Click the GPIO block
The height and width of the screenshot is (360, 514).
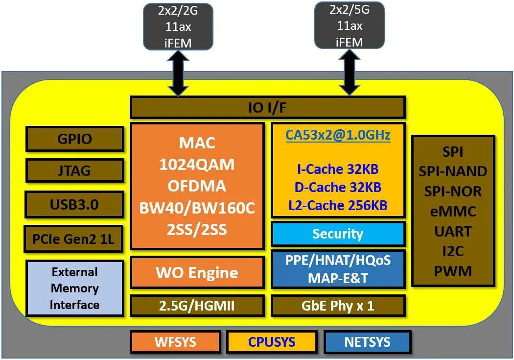[74, 139]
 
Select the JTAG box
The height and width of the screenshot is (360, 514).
[74, 171]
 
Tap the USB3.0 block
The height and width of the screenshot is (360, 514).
[74, 204]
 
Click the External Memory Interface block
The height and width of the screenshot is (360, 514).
[74, 288]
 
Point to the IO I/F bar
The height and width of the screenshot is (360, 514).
[267, 107]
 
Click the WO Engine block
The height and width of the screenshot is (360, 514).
[197, 272]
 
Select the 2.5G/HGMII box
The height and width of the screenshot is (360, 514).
[197, 306]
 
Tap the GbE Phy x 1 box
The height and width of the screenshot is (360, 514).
[338, 306]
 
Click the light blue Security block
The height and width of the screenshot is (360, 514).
[338, 234]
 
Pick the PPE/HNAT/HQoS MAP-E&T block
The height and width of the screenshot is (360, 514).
[338, 269]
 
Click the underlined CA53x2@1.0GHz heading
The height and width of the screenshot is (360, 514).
[338, 135]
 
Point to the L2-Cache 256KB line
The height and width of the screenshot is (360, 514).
[338, 205]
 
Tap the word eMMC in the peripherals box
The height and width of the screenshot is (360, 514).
[453, 211]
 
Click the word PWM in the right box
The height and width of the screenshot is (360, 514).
[453, 271]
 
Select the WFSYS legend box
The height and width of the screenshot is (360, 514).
[174, 341]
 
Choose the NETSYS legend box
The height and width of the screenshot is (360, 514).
[367, 341]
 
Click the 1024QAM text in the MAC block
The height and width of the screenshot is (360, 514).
[197, 165]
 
